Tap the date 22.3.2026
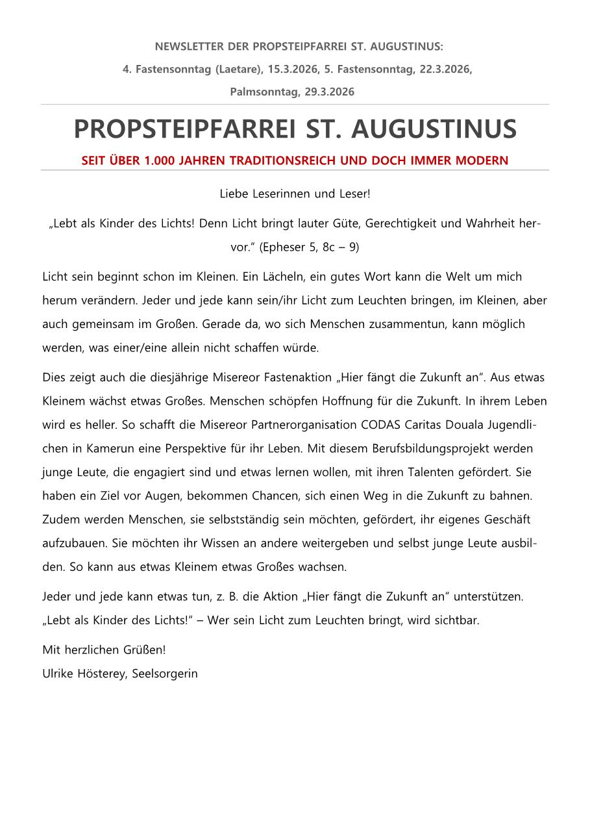coord(445,69)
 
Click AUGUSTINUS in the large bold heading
coord(434,129)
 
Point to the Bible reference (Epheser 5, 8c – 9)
coord(310,247)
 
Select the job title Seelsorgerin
coord(165,674)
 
